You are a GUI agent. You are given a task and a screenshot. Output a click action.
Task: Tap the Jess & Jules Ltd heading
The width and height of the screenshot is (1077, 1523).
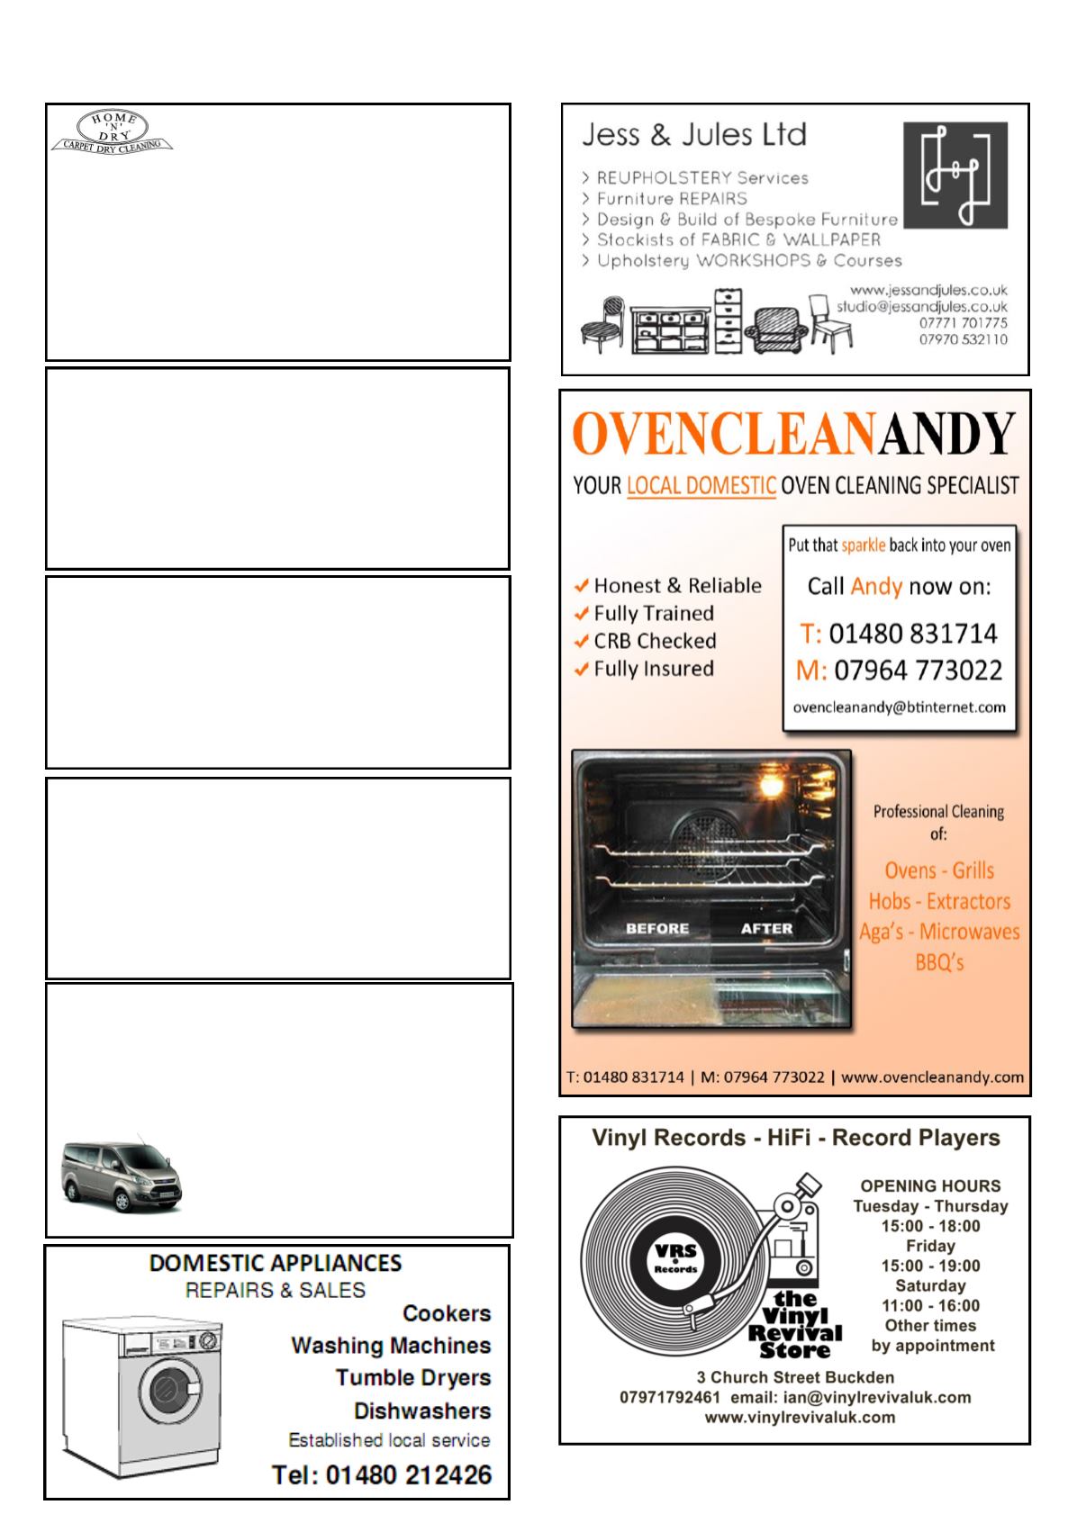coord(693,135)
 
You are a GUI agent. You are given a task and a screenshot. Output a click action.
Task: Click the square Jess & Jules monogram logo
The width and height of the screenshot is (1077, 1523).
coord(955,175)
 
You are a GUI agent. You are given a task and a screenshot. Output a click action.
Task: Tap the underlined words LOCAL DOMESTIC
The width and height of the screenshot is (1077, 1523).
coord(701,486)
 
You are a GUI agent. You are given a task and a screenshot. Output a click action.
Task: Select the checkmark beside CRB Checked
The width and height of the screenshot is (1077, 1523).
coord(582,642)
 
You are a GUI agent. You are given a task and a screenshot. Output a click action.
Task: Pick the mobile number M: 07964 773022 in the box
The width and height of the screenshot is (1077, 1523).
coord(899,671)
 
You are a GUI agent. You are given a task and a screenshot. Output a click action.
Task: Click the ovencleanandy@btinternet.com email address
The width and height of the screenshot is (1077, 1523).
coord(899,707)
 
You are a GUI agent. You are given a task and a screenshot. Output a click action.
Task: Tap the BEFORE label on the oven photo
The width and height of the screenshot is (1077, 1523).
coord(656,928)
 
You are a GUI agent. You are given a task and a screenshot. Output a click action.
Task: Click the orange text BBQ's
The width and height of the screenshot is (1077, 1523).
coord(938,962)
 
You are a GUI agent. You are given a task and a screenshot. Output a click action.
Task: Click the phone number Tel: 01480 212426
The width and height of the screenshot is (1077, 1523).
coord(382,1475)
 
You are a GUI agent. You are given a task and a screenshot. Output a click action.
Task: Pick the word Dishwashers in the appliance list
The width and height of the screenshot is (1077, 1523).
coord(421,1410)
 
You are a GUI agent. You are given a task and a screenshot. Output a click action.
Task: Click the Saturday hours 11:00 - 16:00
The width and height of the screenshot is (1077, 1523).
coord(930,1305)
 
